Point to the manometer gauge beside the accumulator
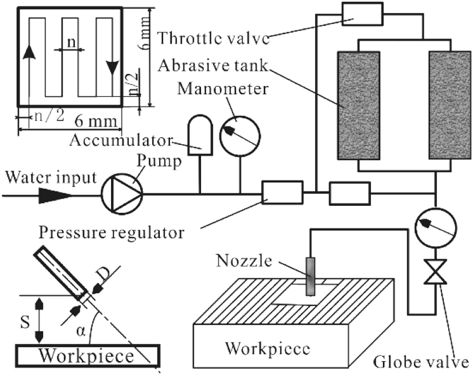tap(242, 136)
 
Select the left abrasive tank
tap(355, 107)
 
